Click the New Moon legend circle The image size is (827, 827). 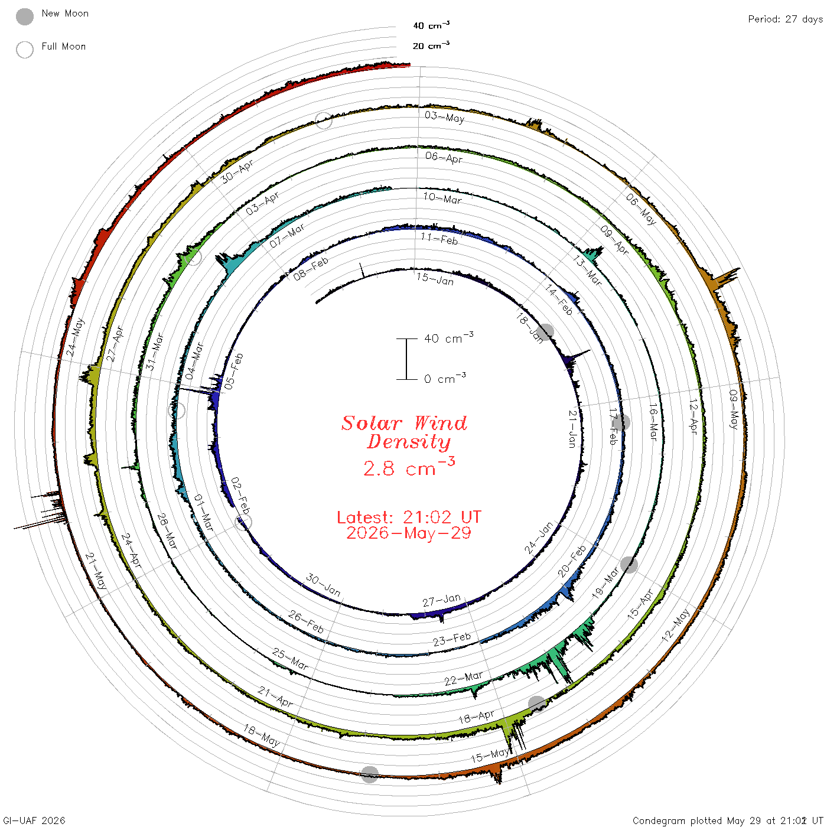click(x=24, y=17)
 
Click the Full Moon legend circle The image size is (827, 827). click(x=24, y=50)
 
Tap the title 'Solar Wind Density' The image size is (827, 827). click(x=404, y=432)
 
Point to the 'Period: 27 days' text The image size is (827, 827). click(x=786, y=19)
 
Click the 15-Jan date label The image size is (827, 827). click(x=435, y=279)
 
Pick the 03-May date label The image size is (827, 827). click(x=445, y=116)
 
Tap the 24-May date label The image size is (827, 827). click(x=75, y=337)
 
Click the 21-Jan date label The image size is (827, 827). click(x=572, y=429)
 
